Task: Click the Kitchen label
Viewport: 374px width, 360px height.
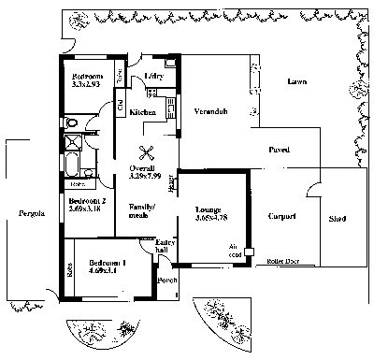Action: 143,112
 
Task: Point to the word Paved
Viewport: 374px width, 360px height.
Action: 279,150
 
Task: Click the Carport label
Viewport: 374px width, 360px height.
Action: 281,216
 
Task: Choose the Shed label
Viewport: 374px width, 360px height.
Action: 338,221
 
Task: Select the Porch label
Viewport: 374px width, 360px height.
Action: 167,280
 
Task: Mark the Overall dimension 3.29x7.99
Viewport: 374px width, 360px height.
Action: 145,174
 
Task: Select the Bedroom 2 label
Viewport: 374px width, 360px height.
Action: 87,201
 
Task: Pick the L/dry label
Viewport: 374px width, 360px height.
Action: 154,77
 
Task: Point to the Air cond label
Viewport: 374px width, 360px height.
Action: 235,250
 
